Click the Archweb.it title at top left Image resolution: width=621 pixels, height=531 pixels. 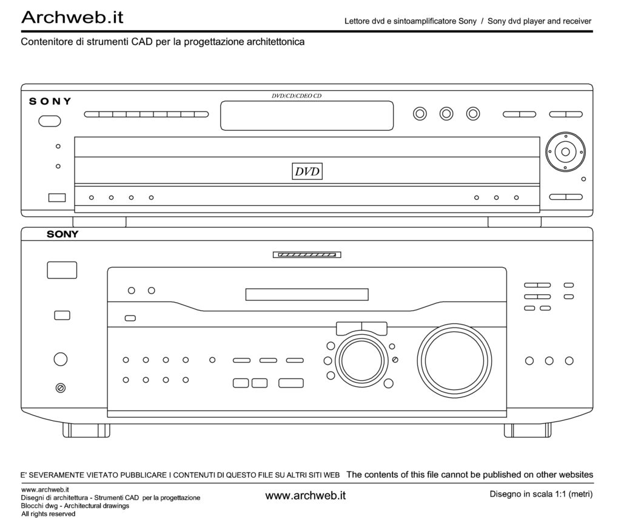pos(73,17)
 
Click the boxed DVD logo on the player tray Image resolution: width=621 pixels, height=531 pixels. pos(307,171)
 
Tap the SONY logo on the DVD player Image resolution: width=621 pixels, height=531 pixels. pos(50,101)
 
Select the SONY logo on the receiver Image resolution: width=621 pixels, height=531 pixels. pos(62,234)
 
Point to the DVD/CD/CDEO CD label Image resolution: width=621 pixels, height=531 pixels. pos(297,96)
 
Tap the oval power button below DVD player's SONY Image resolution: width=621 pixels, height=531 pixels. pos(50,121)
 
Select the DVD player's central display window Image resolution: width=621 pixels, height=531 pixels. pos(307,116)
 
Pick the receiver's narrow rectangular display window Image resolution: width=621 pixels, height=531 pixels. pos(307,294)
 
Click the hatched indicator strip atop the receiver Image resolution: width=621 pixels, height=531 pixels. pos(307,255)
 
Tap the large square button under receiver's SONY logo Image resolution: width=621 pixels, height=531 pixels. pos(62,270)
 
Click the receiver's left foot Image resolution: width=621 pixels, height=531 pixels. pos(86,430)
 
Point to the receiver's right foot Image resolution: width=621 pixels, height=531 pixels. pos(528,430)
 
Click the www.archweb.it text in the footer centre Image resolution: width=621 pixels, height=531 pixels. pos(306,495)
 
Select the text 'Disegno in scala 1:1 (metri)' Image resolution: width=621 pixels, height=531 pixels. pos(541,494)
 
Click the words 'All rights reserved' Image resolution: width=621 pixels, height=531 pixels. pos(49,514)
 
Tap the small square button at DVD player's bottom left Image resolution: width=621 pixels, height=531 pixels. pos(57,197)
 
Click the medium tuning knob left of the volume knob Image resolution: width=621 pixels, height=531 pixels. pos(361,361)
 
